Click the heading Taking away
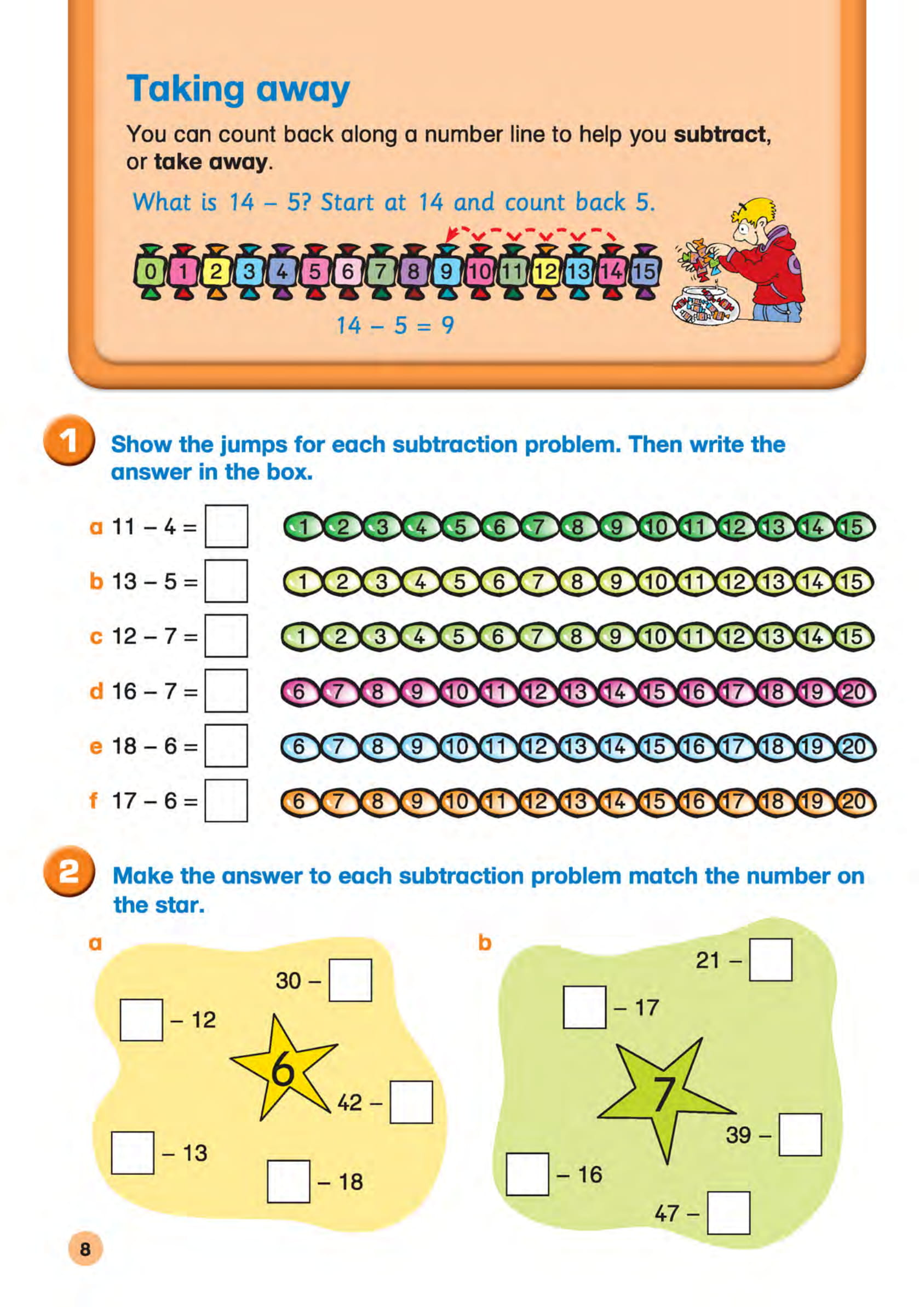pyautogui.click(x=238, y=89)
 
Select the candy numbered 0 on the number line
pyautogui.click(x=150, y=272)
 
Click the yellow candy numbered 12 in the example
pyautogui.click(x=545, y=272)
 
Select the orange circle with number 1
pyautogui.click(x=68, y=440)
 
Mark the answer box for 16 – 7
pyautogui.click(x=226, y=691)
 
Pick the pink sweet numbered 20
pyautogui.click(x=854, y=692)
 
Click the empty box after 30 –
pyautogui.click(x=350, y=981)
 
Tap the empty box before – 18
pyautogui.click(x=289, y=1182)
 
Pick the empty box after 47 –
pyautogui.click(x=728, y=1213)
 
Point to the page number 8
pyautogui.click(x=85, y=1249)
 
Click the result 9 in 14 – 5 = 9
pyautogui.click(x=448, y=325)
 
